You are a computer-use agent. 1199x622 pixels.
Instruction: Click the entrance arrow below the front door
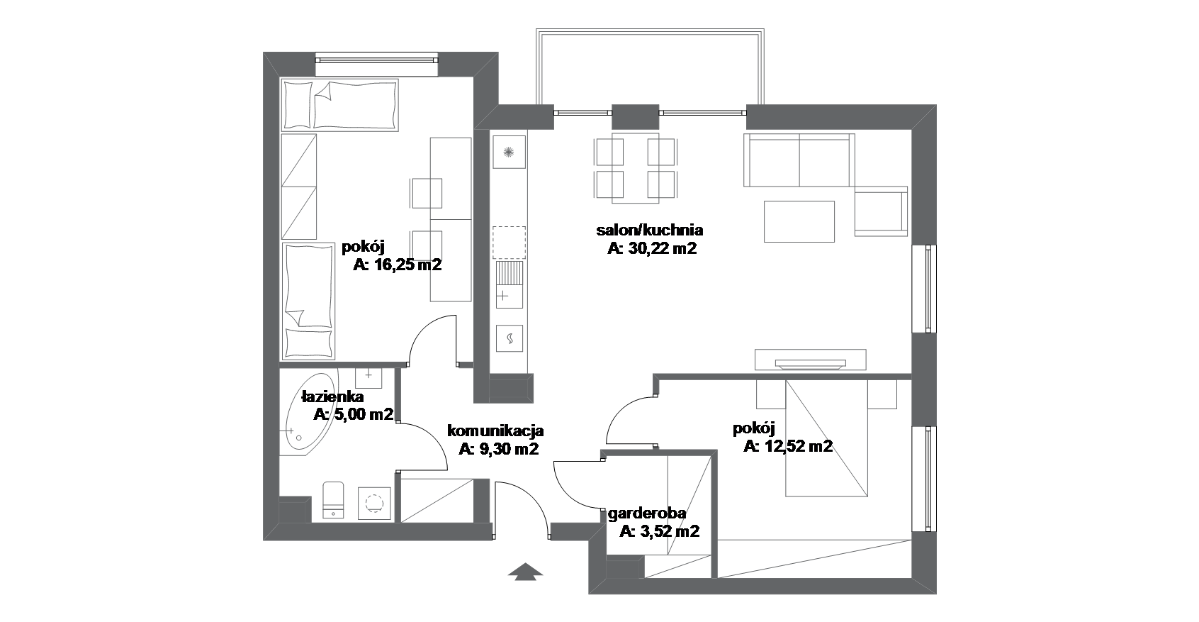click(x=525, y=572)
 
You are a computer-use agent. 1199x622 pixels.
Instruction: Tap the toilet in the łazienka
click(x=333, y=500)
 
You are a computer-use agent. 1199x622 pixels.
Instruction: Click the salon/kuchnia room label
click(x=649, y=231)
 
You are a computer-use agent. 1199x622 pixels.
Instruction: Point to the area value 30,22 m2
click(x=653, y=248)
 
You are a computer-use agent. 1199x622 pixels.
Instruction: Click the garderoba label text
click(x=646, y=513)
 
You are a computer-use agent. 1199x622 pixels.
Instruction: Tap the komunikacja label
click(x=495, y=431)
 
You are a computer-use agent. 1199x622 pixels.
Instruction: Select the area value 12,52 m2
click(x=788, y=445)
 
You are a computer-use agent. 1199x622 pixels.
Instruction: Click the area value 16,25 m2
click(x=397, y=265)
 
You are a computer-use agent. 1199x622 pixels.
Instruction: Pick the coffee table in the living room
click(x=799, y=221)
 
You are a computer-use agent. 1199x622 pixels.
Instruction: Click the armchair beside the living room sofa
click(x=881, y=211)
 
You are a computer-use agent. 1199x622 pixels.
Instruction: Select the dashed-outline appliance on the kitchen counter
click(x=509, y=243)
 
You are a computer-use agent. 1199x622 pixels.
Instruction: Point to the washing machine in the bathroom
click(x=374, y=503)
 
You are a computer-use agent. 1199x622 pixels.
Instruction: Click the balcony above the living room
click(x=650, y=67)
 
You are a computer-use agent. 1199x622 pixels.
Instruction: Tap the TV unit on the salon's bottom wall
click(x=811, y=360)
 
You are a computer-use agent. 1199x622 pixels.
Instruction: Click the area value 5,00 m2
click(x=354, y=414)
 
